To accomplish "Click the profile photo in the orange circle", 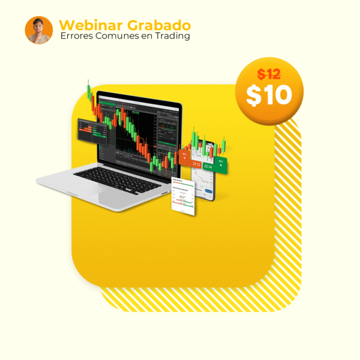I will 39,30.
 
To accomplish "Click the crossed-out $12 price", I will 269,74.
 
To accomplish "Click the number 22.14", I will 208,166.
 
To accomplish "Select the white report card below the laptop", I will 184,196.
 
